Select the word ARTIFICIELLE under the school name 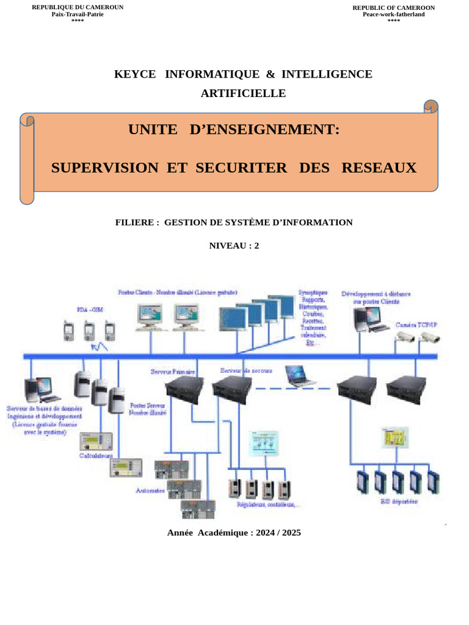coord(243,93)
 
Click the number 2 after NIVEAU coord(256,246)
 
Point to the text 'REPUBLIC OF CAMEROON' coord(393,7)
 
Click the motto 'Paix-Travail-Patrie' coord(77,14)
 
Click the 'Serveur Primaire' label coord(173,371)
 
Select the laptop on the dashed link coord(300,376)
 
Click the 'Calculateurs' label coord(96,455)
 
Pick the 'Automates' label coord(150,490)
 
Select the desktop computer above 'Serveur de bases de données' coord(38,391)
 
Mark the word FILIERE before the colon coord(134,222)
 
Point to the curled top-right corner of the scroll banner coord(431,107)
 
